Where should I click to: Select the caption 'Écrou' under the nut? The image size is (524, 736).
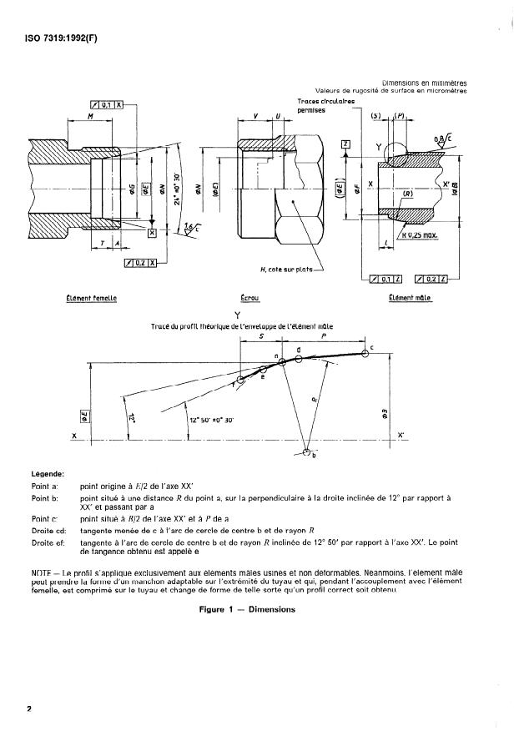[249, 297]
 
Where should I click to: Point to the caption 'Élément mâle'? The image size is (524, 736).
[409, 297]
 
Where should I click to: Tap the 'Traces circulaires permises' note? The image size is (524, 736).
[325, 106]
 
